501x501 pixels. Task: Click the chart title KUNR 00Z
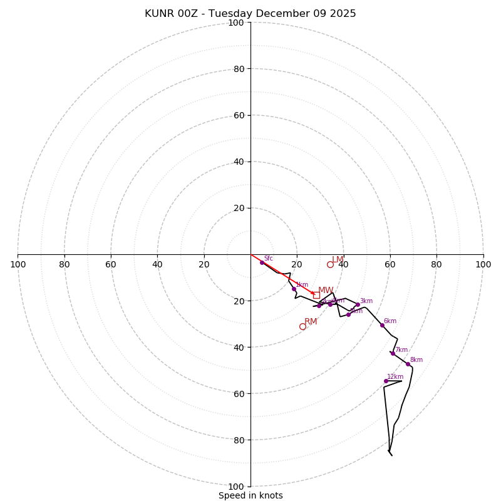pyautogui.click(x=250, y=14)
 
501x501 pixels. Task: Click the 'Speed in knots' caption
pyautogui.click(x=250, y=495)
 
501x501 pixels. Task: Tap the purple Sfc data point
pyautogui.click(x=262, y=262)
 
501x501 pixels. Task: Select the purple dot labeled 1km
pyautogui.click(x=294, y=289)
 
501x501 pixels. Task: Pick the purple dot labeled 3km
pyautogui.click(x=358, y=305)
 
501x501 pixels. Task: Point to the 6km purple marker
pyautogui.click(x=382, y=325)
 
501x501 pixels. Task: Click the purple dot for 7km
pyautogui.click(x=393, y=353)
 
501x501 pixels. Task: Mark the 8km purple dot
pyautogui.click(x=408, y=364)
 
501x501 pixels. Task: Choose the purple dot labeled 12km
pyautogui.click(x=386, y=381)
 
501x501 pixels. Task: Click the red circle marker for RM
pyautogui.click(x=302, y=326)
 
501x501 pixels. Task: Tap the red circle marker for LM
pyautogui.click(x=330, y=264)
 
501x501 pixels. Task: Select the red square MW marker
pyautogui.click(x=316, y=295)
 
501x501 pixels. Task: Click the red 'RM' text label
pyautogui.click(x=311, y=321)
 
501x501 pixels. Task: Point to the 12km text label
pyautogui.click(x=395, y=376)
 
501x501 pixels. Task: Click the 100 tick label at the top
pyautogui.click(x=235, y=23)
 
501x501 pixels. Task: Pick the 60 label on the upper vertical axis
pyautogui.click(x=238, y=115)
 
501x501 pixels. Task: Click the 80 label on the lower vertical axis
pyautogui.click(x=238, y=440)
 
